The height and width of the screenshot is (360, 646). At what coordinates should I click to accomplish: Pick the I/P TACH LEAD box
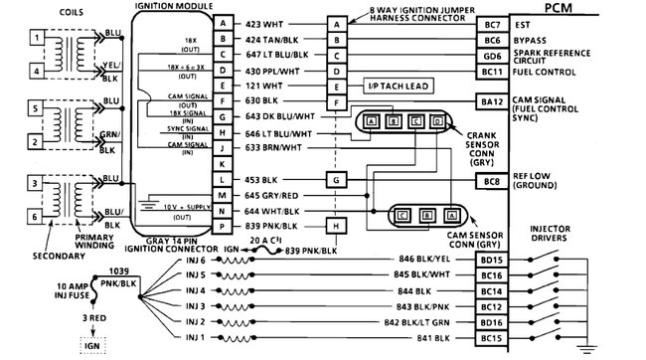pyautogui.click(x=395, y=88)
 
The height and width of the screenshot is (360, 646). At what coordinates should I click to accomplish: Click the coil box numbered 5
pyautogui.click(x=37, y=108)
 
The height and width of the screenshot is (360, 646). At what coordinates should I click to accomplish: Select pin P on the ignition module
pyautogui.click(x=226, y=227)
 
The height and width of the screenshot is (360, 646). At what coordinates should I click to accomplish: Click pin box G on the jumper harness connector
pyautogui.click(x=338, y=179)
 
